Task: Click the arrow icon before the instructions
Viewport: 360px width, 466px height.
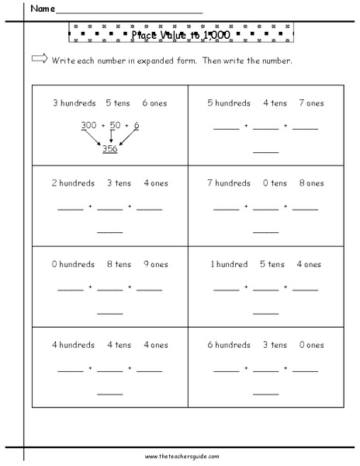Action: coord(39,61)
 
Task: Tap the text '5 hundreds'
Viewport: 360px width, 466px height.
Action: coord(228,103)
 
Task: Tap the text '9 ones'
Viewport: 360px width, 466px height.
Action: coord(154,264)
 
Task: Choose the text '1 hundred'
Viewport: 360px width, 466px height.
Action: coord(230,264)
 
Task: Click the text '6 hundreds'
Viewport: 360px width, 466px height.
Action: coord(228,345)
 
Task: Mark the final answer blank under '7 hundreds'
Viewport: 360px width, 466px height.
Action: coord(266,231)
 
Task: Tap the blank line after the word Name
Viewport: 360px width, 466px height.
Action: coord(130,12)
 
